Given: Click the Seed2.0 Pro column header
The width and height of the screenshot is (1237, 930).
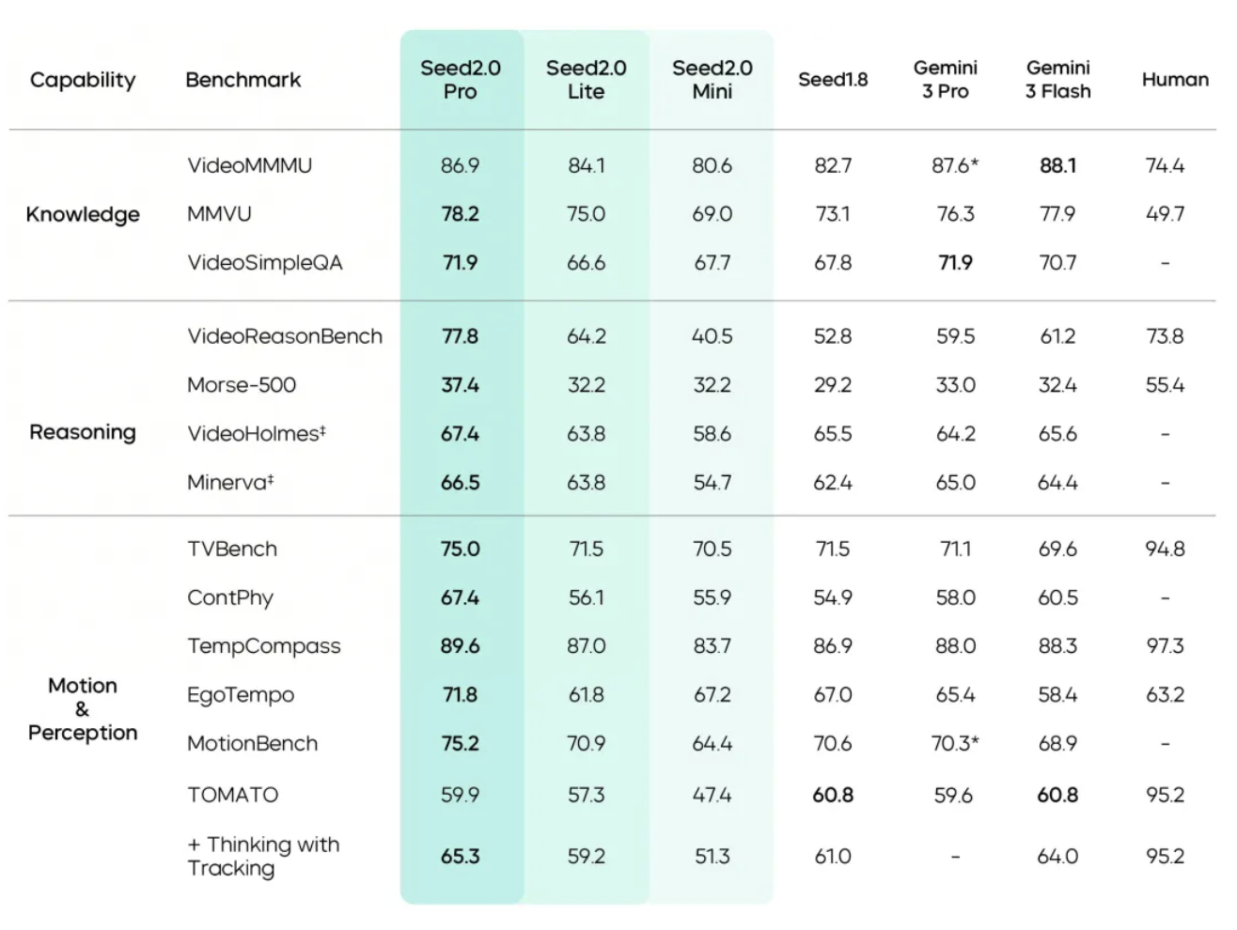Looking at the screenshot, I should pyautogui.click(x=461, y=80).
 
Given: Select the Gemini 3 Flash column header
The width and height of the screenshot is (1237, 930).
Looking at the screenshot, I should pyautogui.click(x=1057, y=80).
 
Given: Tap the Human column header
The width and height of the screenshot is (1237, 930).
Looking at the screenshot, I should pyautogui.click(x=1175, y=80).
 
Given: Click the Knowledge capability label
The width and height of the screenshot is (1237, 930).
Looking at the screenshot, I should pyautogui.click(x=83, y=214).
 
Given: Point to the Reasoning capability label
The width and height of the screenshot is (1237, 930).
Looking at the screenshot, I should pyautogui.click(x=83, y=432).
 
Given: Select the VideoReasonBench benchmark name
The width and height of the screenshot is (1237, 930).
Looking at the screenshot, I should pyautogui.click(x=285, y=336).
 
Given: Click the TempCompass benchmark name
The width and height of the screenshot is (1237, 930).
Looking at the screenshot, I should pyautogui.click(x=264, y=646).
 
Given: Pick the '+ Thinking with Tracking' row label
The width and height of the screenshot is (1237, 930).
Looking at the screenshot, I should pyautogui.click(x=263, y=856).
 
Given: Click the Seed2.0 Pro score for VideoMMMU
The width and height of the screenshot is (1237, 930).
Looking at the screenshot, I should pyautogui.click(x=460, y=165).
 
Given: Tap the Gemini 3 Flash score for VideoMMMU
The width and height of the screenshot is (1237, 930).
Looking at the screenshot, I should pyautogui.click(x=1057, y=165).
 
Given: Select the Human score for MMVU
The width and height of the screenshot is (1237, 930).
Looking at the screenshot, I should pyautogui.click(x=1165, y=214).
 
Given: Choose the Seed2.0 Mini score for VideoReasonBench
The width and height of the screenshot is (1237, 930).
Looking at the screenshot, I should pyautogui.click(x=712, y=336).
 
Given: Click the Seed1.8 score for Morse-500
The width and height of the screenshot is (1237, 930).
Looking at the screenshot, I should pyautogui.click(x=833, y=385).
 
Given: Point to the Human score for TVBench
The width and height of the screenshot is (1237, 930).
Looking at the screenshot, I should pyautogui.click(x=1165, y=549).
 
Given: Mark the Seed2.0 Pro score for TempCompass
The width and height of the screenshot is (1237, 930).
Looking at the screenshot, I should pyautogui.click(x=460, y=646).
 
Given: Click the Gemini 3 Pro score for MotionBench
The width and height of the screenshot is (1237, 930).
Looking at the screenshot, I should pyautogui.click(x=955, y=744).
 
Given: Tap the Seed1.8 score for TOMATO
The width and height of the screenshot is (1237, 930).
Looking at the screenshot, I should pyautogui.click(x=833, y=795).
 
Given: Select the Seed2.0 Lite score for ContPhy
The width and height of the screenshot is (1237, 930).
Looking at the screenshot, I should pyautogui.click(x=586, y=597).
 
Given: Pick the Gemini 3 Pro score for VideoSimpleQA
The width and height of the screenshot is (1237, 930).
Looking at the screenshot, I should pyautogui.click(x=955, y=263).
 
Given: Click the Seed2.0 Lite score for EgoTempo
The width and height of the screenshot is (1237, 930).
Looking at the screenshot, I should pyautogui.click(x=586, y=695).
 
